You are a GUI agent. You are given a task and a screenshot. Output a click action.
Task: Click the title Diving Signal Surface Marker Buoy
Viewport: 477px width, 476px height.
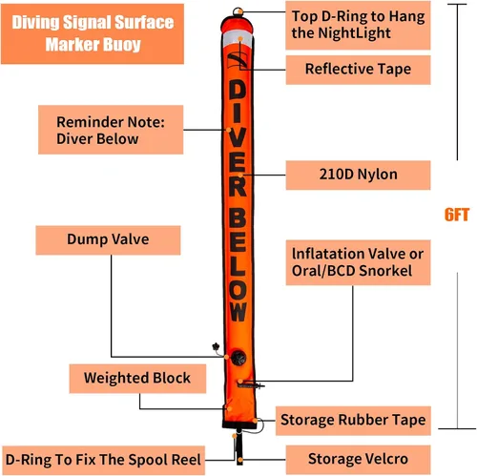tap(93, 33)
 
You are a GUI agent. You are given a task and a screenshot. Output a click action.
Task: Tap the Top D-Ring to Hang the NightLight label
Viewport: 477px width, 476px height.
tap(358, 25)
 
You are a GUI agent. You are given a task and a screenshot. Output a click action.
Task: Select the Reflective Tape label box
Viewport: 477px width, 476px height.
tap(358, 70)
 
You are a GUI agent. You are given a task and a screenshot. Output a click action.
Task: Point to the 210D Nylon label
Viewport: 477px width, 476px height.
tap(358, 175)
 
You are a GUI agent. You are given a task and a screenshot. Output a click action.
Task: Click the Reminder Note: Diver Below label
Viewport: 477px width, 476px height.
tap(111, 130)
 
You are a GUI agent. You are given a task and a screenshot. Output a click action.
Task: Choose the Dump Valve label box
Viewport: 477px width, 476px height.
tap(108, 240)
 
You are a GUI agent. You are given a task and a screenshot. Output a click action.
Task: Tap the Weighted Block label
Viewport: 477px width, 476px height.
tap(137, 379)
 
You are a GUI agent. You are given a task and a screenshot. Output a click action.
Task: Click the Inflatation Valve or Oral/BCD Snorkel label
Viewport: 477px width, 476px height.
tap(358, 262)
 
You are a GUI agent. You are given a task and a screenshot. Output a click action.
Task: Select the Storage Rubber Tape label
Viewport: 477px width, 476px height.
tap(353, 421)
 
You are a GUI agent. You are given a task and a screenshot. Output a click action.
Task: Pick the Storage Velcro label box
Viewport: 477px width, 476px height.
tap(358, 460)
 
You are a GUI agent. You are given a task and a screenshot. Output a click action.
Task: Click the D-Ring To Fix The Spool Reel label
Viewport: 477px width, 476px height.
tap(103, 460)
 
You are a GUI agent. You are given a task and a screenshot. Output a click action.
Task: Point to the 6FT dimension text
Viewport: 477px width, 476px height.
tap(457, 215)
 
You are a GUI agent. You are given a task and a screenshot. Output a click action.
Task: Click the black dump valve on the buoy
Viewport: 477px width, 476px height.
tap(238, 358)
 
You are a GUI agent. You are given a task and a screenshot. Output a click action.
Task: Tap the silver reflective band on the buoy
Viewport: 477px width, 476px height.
tap(238, 38)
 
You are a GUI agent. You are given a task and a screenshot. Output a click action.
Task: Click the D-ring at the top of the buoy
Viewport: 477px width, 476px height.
tap(238, 11)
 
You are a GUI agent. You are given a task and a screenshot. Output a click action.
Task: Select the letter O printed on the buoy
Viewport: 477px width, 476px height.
tap(238, 290)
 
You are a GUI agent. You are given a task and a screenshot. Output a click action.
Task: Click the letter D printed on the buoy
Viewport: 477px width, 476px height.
tap(238, 90)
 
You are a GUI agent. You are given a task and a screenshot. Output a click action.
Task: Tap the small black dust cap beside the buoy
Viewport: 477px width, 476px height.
tap(216, 346)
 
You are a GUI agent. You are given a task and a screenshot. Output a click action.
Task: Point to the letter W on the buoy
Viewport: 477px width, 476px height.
tap(238, 312)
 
